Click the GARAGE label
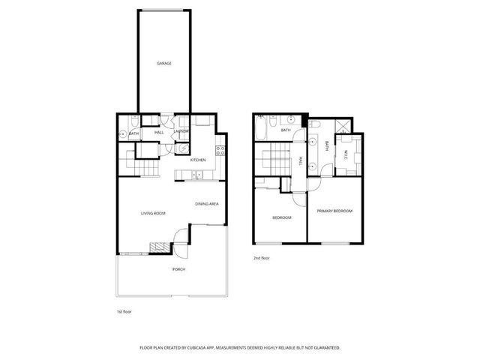point(164,64)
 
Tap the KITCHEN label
point(198,160)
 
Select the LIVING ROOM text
point(153,214)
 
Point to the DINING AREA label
point(206,204)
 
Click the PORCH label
point(178,268)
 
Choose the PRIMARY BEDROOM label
point(334,211)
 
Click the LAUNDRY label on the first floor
point(181,133)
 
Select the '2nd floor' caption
point(262,257)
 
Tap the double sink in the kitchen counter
point(196,176)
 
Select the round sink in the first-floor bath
point(122,134)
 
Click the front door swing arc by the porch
point(180,239)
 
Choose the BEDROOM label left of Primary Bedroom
point(282,217)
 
